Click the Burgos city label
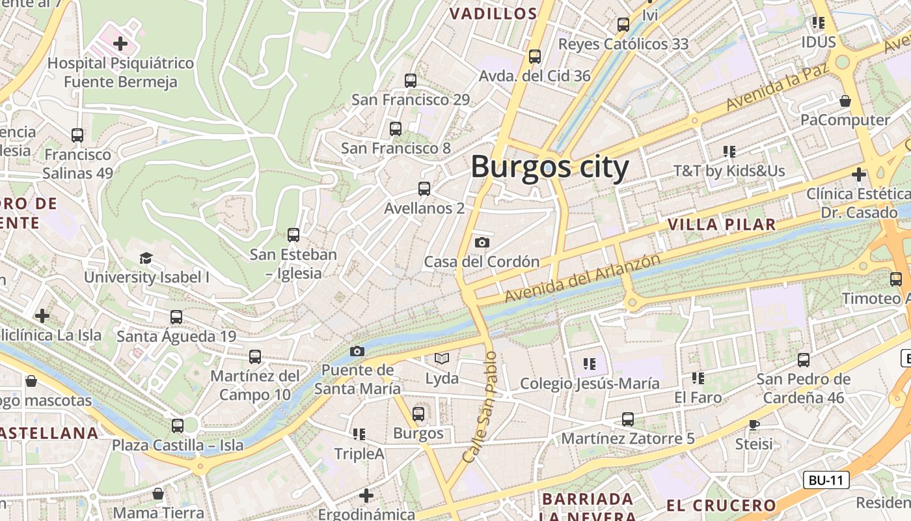pyautogui.click(x=550, y=167)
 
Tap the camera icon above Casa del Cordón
pyautogui.click(x=482, y=242)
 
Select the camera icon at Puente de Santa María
pyautogui.click(x=357, y=351)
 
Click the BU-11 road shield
pyautogui.click(x=826, y=481)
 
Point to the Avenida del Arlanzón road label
pyautogui.click(x=582, y=278)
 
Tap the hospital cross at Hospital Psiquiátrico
pyautogui.click(x=120, y=44)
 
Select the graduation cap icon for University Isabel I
pyautogui.click(x=146, y=258)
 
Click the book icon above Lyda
pyautogui.click(x=442, y=358)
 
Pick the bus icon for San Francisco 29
pyautogui.click(x=410, y=80)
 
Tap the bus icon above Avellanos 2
pyautogui.click(x=424, y=189)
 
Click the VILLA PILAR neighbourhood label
pyautogui.click(x=722, y=225)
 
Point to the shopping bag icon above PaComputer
pyautogui.click(x=845, y=101)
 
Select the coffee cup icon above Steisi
pyautogui.click(x=754, y=425)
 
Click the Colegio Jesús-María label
pyautogui.click(x=590, y=384)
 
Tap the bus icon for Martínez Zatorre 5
pyautogui.click(x=627, y=419)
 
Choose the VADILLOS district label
pyautogui.click(x=493, y=14)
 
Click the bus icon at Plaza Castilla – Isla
pyautogui.click(x=177, y=426)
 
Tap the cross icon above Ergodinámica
pyautogui.click(x=366, y=496)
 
